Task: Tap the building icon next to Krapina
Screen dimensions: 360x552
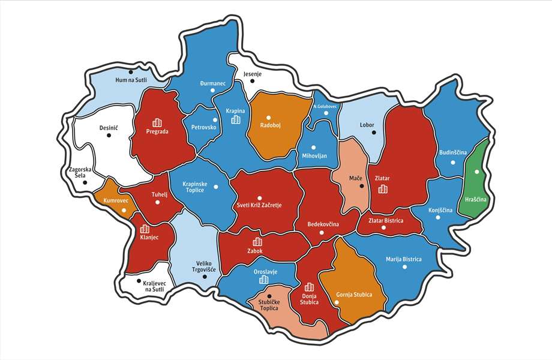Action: [x=236, y=119]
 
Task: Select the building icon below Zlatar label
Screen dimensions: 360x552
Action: [x=382, y=190]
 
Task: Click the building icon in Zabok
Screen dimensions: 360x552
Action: [x=258, y=242]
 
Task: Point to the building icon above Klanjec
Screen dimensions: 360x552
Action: [x=144, y=229]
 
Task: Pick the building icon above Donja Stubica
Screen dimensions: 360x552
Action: [x=310, y=287]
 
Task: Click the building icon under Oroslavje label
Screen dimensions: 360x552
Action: [x=263, y=281]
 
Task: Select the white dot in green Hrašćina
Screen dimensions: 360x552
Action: [x=477, y=172]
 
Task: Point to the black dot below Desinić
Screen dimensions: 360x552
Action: [x=109, y=135]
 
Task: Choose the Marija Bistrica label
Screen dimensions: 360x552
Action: [x=403, y=259]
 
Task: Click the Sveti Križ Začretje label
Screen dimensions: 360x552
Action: [x=259, y=205]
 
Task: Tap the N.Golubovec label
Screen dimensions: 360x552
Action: [x=325, y=106]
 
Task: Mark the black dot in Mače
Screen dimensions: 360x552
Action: [x=361, y=186]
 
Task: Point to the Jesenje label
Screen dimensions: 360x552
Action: [x=253, y=75]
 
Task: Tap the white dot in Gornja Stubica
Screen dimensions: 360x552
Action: [x=337, y=302]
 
